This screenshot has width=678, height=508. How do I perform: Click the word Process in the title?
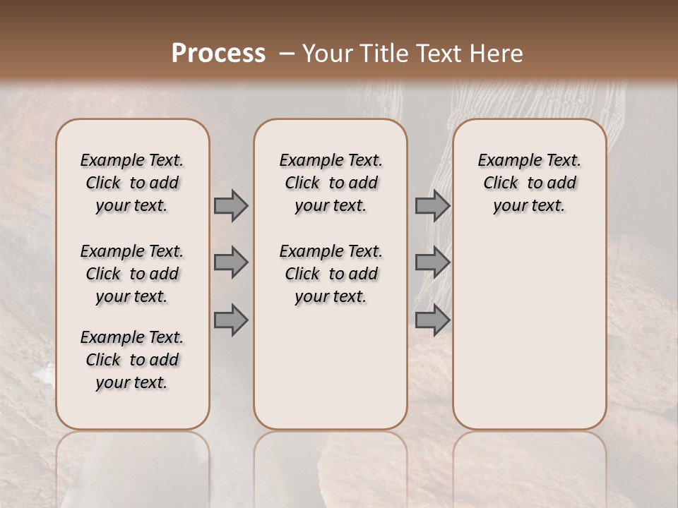218,54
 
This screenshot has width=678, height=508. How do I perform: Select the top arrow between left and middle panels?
230,205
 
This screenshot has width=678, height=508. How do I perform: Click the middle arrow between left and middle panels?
230,262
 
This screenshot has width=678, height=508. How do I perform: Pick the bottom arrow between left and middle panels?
230,320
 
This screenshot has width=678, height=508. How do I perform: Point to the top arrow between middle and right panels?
432,205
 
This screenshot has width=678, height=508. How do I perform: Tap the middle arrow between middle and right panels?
432,262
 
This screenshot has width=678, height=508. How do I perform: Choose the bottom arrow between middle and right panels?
432,320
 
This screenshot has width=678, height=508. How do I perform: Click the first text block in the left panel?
132,183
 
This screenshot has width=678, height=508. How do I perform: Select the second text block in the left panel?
132,274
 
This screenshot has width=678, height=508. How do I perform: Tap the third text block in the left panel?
132,360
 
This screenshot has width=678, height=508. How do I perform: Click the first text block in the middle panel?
331,183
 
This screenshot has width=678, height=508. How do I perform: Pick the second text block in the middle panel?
331,274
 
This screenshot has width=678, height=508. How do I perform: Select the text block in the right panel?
529,183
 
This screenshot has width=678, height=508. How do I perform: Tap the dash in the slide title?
287,54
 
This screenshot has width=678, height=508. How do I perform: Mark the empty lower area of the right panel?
529,332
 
